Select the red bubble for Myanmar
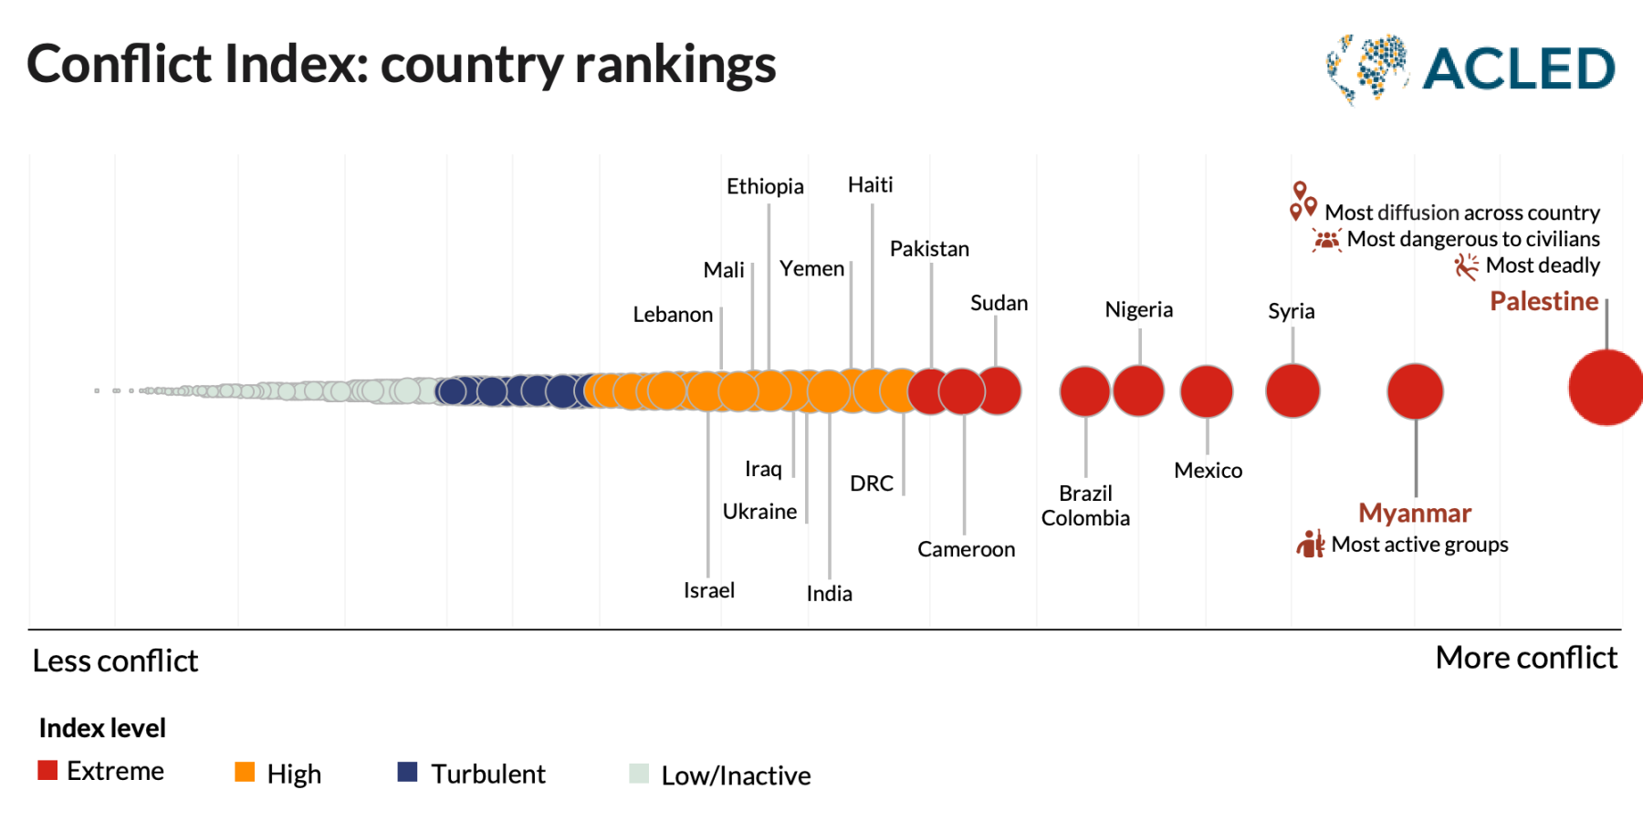coord(1415,391)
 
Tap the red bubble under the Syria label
coord(1292,391)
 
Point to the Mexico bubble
coord(1207,391)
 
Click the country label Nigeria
coord(1138,310)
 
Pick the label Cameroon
coord(966,549)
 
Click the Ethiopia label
coord(765,187)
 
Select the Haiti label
coord(870,185)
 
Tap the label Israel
coord(708,590)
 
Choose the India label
coord(829,594)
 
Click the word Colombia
coord(1085,518)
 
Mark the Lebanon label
coord(673,315)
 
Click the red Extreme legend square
coord(47,770)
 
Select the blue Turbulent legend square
coord(408,772)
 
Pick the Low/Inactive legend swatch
coord(639,774)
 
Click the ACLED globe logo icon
coord(1366,68)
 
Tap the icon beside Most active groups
coord(1311,544)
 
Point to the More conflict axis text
coord(1525,658)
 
